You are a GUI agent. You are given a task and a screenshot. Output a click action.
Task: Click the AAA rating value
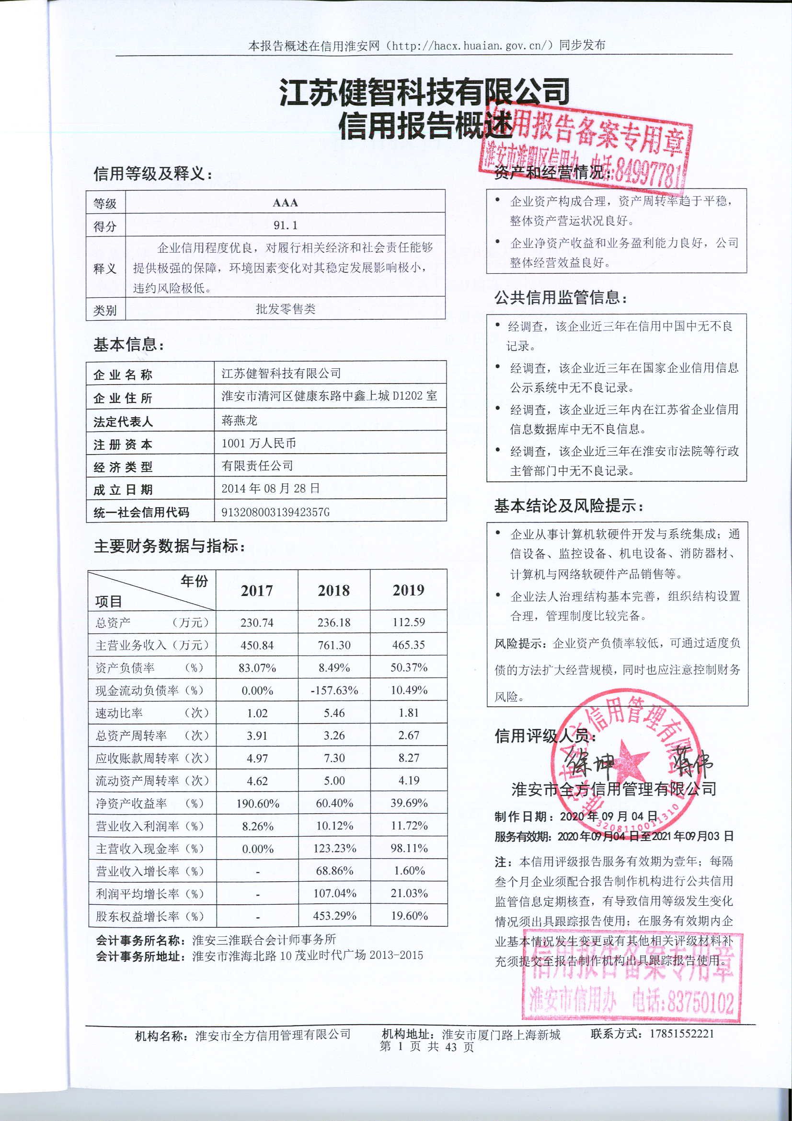pos(285,203)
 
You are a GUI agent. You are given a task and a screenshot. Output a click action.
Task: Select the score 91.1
pos(286,225)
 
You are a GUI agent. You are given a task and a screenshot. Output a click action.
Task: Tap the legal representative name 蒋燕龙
pos(239,420)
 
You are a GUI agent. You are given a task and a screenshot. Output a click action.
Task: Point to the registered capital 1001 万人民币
pos(259,443)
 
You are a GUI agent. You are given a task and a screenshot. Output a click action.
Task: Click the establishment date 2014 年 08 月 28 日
pos(270,488)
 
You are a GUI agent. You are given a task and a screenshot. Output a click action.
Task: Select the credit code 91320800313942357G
pos(275,512)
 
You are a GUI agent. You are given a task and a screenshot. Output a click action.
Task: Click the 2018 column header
pos(334,590)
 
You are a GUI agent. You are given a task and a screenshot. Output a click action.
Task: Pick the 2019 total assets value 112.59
pos(408,622)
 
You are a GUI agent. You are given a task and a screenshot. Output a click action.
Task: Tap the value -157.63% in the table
pos(334,690)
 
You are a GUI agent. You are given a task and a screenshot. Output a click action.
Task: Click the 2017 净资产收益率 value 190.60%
pos(257,804)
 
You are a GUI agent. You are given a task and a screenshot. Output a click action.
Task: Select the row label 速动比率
pos(119,713)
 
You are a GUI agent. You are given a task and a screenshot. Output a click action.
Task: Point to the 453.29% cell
pos(334,916)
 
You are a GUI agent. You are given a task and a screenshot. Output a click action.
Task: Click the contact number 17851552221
pos(681,1034)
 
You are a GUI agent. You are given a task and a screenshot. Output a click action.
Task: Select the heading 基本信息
pos(129,345)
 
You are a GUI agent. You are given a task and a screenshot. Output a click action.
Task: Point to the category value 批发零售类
pos(286,309)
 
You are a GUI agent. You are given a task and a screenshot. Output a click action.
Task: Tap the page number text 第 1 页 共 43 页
pos(426,1046)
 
